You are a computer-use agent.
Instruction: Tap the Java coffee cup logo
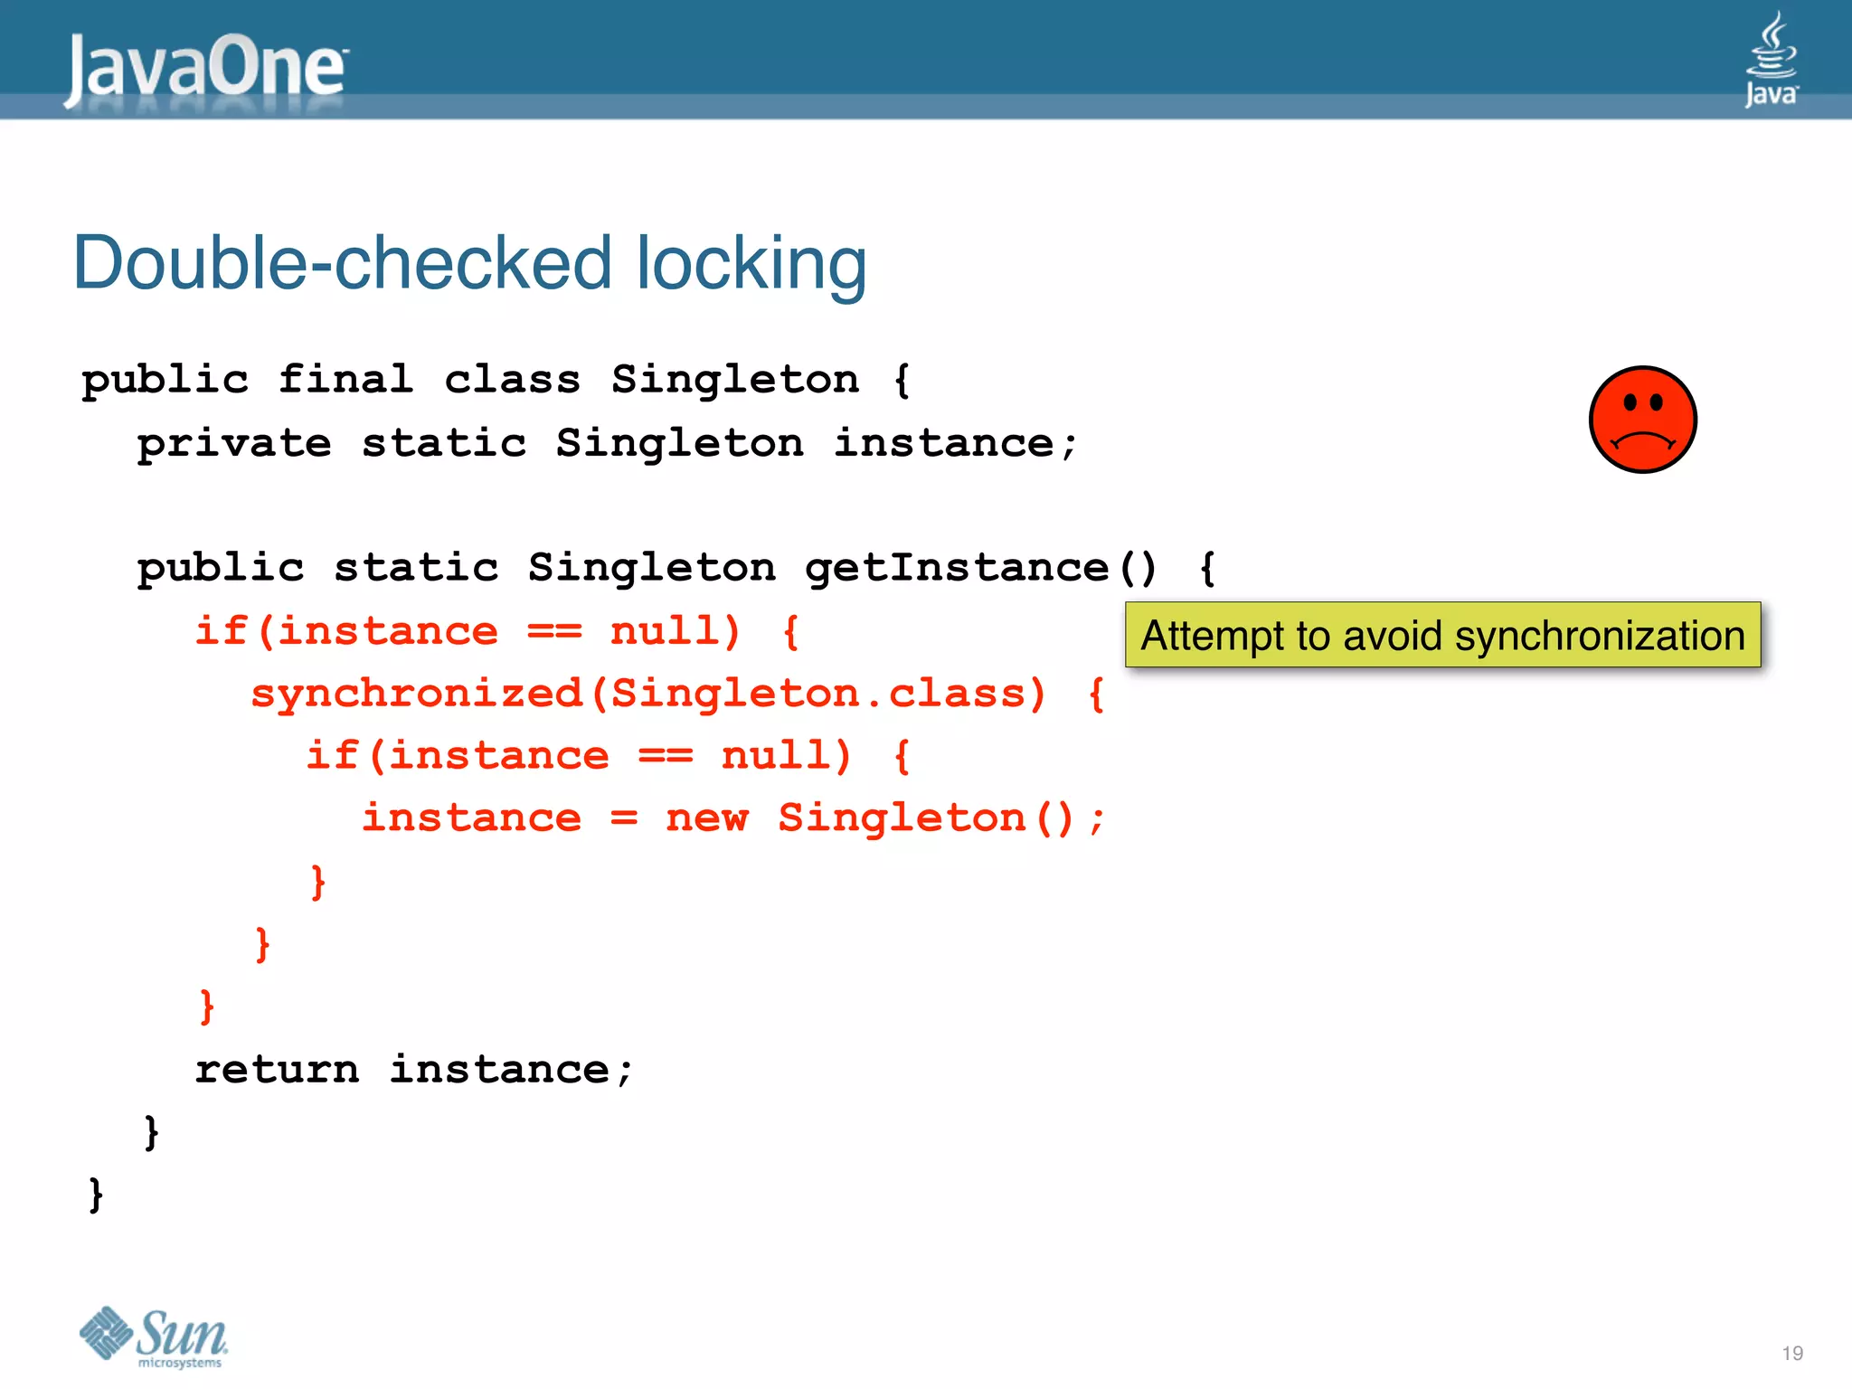[1771, 59]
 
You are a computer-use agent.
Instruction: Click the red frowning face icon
[1642, 420]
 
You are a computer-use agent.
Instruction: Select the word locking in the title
[751, 263]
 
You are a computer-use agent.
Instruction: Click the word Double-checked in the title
[342, 263]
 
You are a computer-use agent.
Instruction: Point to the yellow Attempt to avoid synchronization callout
[1442, 635]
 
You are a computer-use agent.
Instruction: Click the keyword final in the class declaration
[345, 379]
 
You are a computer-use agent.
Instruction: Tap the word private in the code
[234, 443]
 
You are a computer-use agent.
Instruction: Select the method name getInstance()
[980, 568]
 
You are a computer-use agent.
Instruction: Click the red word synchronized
[417, 694]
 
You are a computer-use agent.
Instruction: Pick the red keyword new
[707, 818]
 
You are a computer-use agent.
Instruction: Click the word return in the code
[277, 1070]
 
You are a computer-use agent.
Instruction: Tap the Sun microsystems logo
[154, 1337]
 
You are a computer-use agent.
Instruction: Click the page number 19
[1792, 1353]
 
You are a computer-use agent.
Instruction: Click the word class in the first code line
[512, 379]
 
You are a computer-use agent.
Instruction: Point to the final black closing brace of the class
[96, 1195]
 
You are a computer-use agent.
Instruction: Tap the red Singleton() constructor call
[926, 818]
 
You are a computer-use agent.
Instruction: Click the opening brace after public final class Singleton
[902, 379]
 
